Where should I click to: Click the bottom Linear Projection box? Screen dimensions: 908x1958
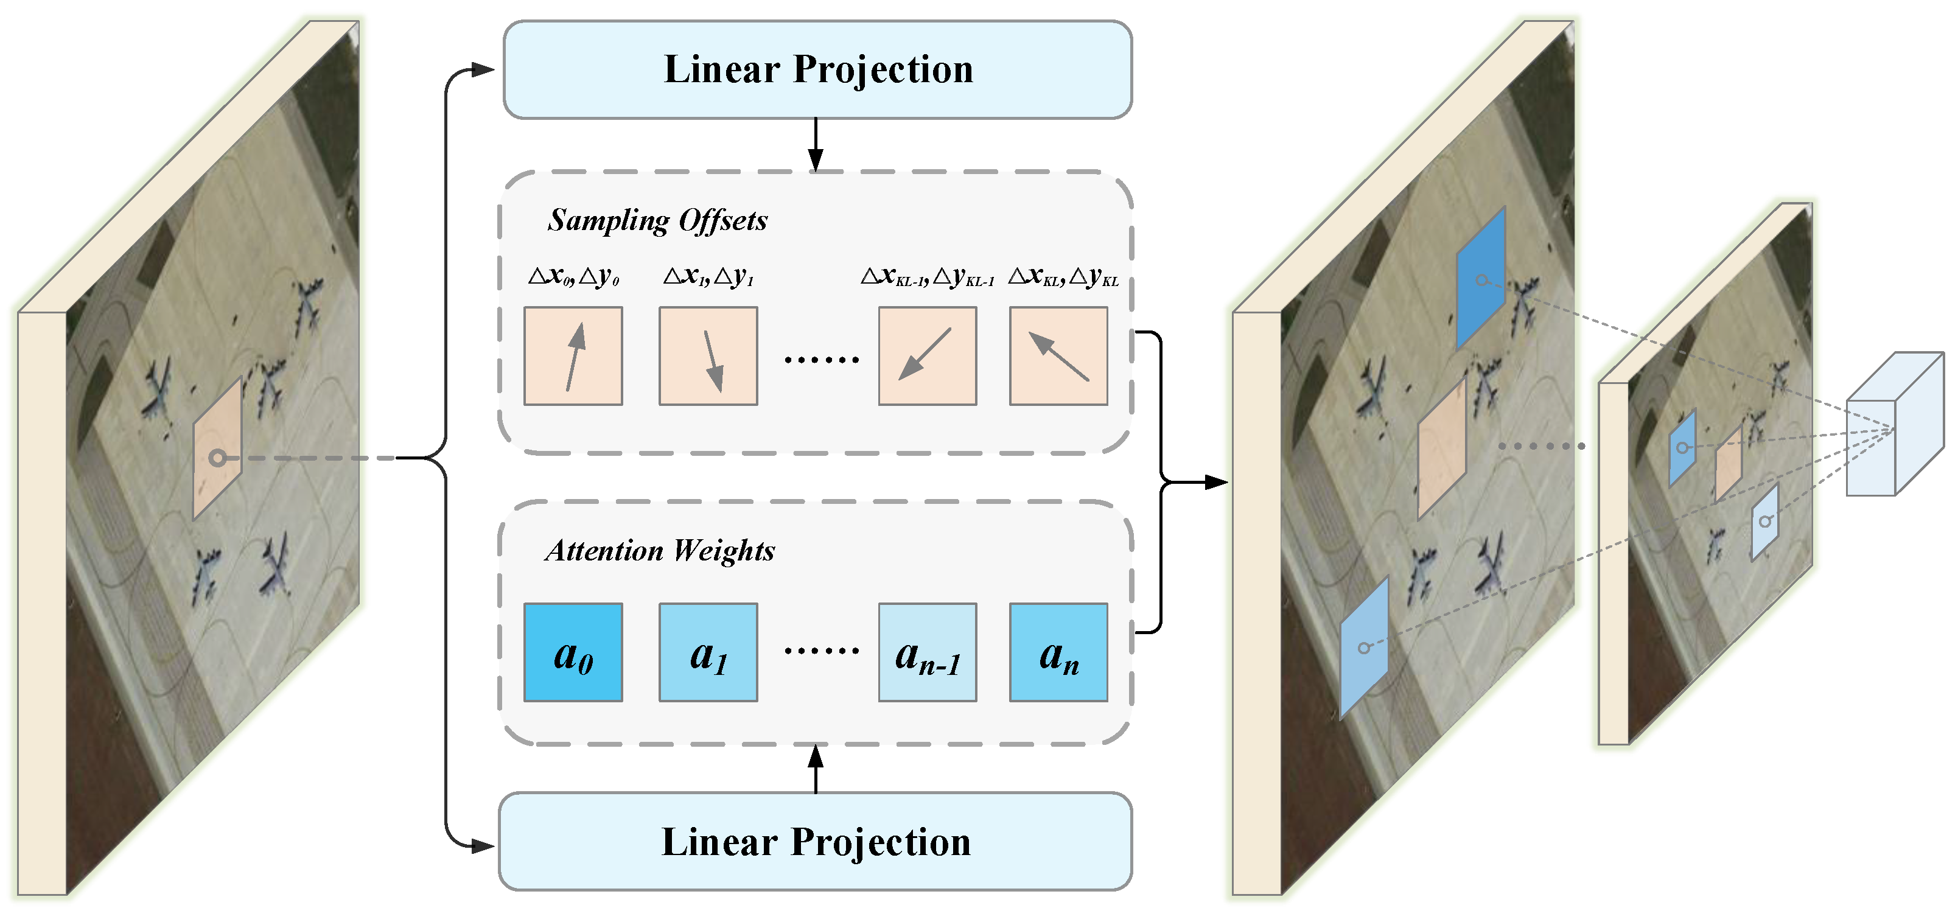click(x=815, y=842)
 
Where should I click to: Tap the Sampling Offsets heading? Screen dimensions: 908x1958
click(x=657, y=220)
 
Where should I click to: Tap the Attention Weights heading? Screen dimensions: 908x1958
click(x=659, y=550)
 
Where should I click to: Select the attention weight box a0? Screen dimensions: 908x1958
click(x=573, y=652)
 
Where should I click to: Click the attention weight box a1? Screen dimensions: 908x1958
click(x=708, y=652)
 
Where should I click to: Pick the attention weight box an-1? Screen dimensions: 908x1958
click(x=928, y=652)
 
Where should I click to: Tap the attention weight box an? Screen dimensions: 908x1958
click(x=1058, y=652)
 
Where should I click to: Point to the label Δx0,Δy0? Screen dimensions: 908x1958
click(x=573, y=276)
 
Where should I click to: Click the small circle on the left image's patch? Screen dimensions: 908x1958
click(x=217, y=458)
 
